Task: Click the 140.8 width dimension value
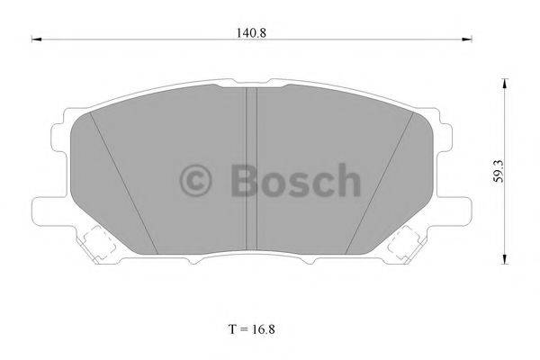tap(253, 31)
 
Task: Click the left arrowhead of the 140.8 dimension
tap(37, 39)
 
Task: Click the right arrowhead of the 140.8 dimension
tap(467, 39)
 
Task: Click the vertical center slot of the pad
tap(253, 171)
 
